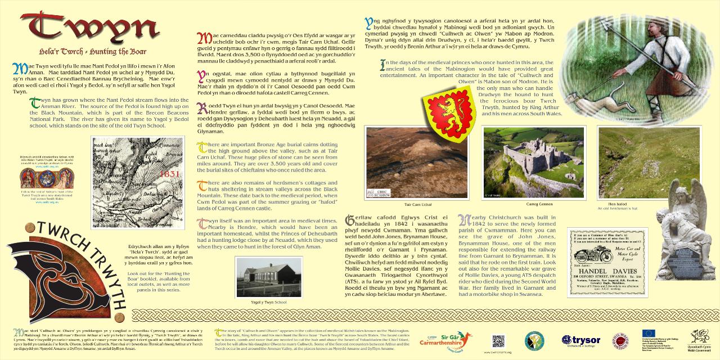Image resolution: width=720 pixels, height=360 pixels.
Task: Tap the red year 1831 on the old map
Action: pyautogui.click(x=169, y=174)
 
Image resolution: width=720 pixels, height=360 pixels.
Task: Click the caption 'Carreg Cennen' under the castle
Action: pyautogui.click(x=539, y=204)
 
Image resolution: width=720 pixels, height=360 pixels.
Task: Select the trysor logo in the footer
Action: pyautogui.click(x=582, y=340)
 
